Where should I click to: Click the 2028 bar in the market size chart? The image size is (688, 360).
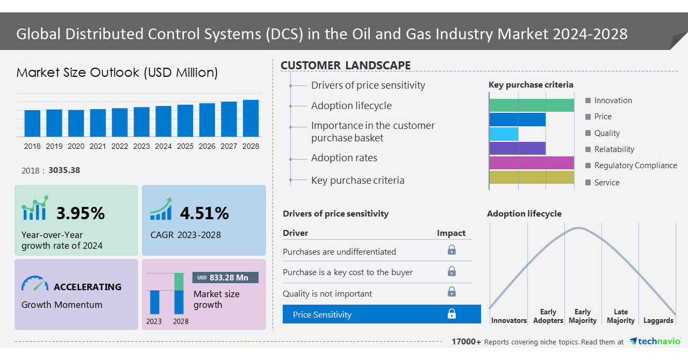tap(250, 118)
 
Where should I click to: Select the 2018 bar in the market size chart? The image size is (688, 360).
tap(32, 123)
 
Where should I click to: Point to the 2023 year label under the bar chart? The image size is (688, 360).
tap(141, 146)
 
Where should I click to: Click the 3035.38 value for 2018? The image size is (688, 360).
tap(64, 170)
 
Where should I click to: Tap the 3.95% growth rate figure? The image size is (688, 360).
tap(81, 213)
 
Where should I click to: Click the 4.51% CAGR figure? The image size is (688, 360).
tap(204, 213)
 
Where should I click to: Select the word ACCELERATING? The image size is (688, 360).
tap(88, 287)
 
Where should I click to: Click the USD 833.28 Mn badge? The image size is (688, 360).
tap(225, 278)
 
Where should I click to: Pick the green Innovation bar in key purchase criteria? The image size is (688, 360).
tap(532, 105)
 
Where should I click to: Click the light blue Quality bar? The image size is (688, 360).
tap(504, 134)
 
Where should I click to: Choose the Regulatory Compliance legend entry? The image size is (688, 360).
tap(635, 165)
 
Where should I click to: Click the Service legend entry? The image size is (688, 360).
tap(606, 183)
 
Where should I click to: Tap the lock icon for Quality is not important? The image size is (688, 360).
tap(451, 292)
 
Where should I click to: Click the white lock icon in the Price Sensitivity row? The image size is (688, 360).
tap(451, 314)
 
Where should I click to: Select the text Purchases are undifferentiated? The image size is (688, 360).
tap(339, 251)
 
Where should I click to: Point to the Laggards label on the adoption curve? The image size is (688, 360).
tap(658, 320)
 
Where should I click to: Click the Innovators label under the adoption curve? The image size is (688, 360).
tap(508, 320)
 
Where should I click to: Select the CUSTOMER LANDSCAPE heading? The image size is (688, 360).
tap(346, 66)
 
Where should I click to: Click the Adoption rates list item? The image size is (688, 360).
tap(344, 158)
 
